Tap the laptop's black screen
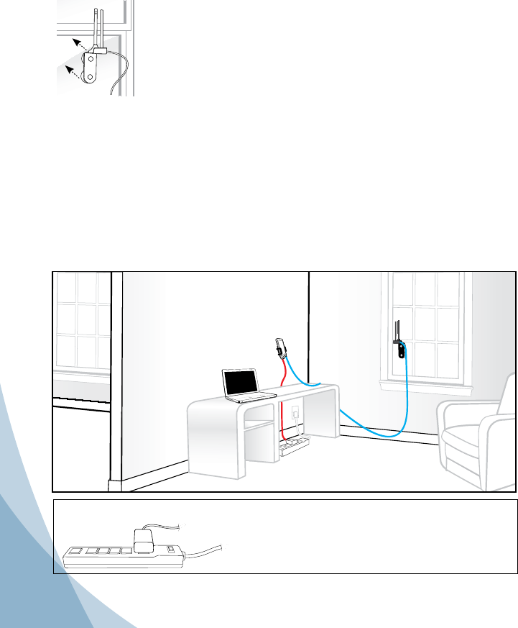point(240,383)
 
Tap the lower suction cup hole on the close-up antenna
point(90,76)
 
